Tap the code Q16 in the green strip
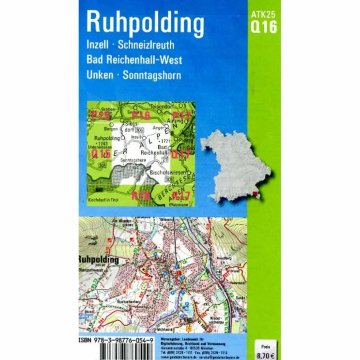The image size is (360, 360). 263,27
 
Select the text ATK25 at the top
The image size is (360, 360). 263,15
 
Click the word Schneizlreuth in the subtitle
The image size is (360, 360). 146,46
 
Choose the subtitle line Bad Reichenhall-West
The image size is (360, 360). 134,60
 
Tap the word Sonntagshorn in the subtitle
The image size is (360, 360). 152,75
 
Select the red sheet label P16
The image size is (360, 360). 141,116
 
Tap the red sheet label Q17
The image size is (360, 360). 181,154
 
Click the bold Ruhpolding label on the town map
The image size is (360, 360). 99,260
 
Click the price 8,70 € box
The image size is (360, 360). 266,350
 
